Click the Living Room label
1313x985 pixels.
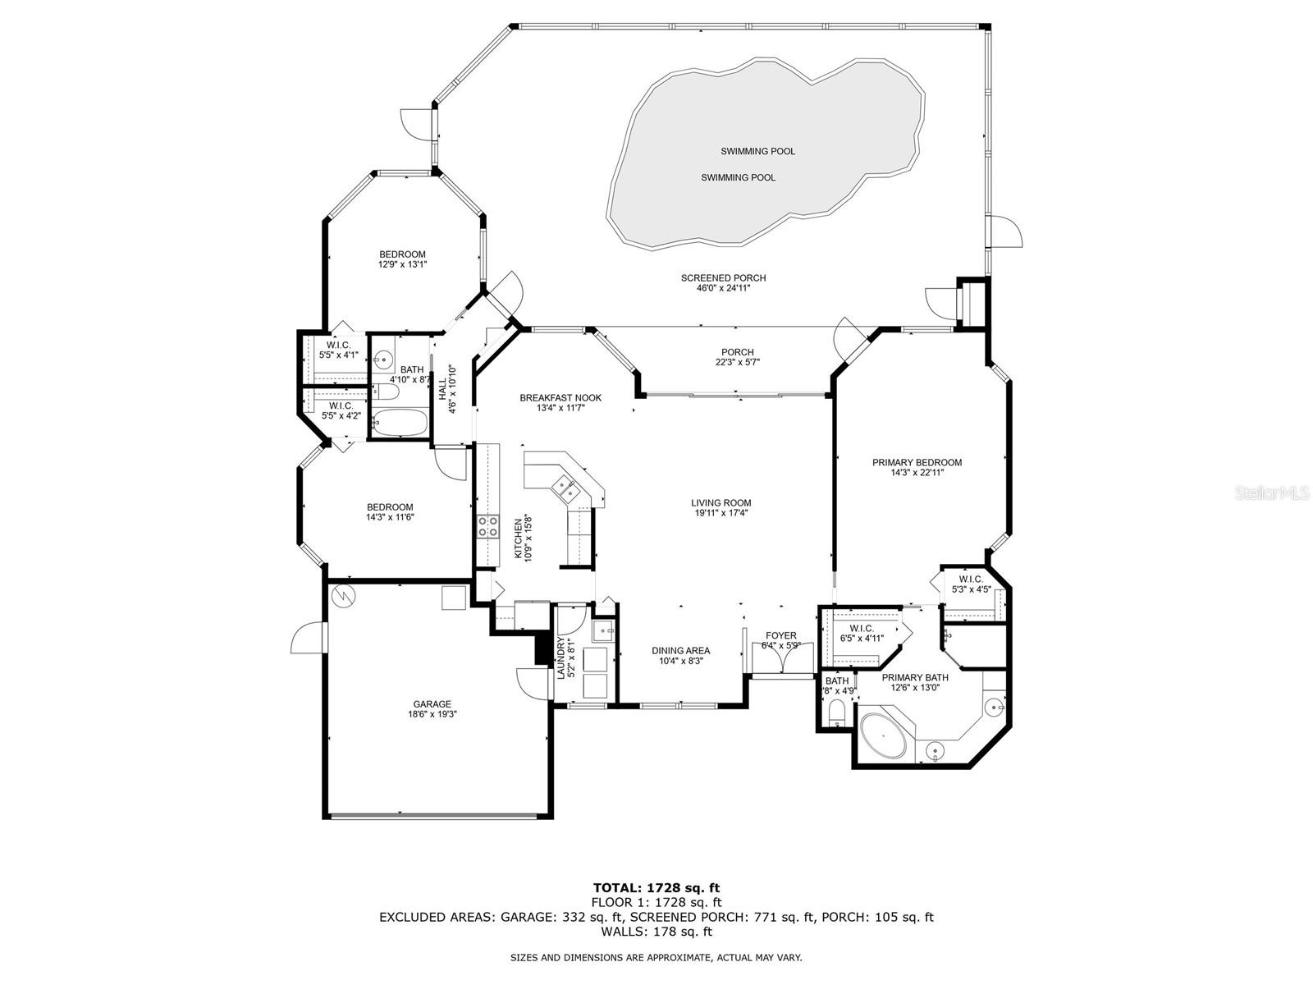[721, 503]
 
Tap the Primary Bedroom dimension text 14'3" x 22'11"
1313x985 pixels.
[917, 473]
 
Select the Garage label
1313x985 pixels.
[432, 704]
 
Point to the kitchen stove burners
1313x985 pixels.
[489, 526]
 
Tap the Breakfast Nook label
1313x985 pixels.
[560, 398]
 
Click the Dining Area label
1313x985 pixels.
[681, 651]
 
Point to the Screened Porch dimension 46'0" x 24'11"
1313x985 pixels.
[723, 288]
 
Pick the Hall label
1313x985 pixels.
[442, 389]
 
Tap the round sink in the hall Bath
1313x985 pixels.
[383, 360]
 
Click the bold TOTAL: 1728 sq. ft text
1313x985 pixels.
[656, 887]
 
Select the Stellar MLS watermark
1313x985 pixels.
[1271, 493]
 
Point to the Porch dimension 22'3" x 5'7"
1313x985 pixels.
[737, 363]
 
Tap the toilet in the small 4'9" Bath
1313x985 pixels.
[836, 712]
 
